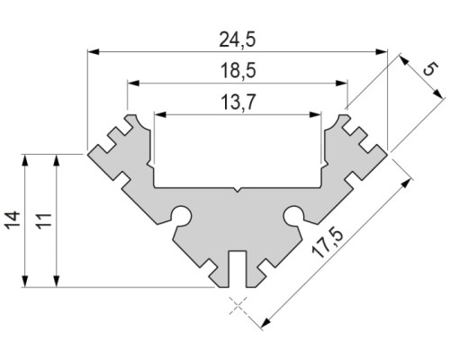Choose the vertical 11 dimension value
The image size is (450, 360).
point(42,221)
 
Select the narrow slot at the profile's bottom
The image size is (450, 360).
point(238,269)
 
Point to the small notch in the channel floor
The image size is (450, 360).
point(238,190)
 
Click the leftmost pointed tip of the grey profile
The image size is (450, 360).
point(88,153)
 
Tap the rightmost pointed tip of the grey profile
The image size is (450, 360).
point(388,153)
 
